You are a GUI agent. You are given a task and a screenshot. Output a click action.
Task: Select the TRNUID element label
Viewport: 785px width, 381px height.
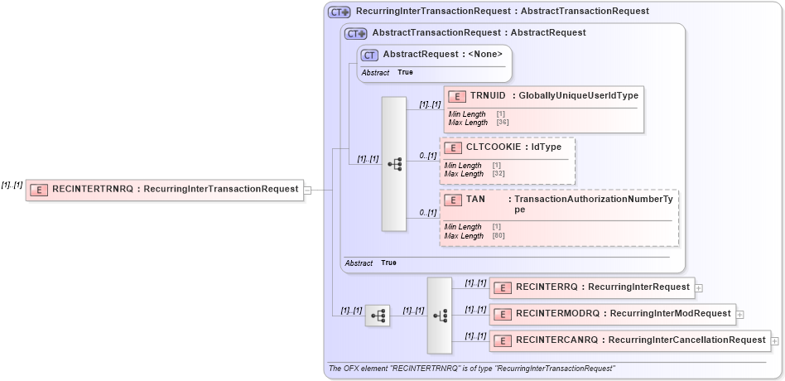488,95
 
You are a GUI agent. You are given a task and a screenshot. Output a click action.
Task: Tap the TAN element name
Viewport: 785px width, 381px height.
475,200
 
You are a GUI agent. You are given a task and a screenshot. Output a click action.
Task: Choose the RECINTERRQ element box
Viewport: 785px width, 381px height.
591,287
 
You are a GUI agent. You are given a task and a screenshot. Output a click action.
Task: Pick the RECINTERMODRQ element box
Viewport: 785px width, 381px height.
612,314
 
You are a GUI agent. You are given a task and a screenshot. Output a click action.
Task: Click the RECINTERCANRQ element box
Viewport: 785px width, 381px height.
629,340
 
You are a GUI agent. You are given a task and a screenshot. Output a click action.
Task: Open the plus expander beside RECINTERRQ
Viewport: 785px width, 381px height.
699,288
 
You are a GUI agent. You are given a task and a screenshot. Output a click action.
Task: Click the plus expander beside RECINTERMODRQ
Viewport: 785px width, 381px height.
739,315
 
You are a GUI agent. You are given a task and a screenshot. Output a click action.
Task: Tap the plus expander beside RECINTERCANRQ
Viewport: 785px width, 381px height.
775,340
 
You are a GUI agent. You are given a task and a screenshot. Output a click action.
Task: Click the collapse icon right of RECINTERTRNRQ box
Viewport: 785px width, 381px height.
307,190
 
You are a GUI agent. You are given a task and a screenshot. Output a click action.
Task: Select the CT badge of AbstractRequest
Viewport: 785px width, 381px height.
370,55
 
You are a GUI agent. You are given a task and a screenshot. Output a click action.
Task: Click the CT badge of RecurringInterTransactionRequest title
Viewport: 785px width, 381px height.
340,12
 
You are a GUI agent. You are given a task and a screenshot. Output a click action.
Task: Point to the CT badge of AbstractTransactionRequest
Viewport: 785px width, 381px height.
356,34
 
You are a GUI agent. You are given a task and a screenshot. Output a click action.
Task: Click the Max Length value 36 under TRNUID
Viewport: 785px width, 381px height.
501,123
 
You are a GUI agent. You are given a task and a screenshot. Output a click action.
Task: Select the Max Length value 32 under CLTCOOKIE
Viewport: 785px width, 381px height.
497,174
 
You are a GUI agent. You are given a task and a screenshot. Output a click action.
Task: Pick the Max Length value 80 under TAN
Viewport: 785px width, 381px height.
497,236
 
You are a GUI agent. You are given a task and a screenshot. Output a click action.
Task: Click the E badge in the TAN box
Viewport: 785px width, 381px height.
453,200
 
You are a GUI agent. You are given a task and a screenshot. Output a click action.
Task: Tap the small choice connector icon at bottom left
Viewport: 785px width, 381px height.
378,315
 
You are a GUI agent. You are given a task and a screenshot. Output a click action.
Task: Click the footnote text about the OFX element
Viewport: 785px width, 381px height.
472,369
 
